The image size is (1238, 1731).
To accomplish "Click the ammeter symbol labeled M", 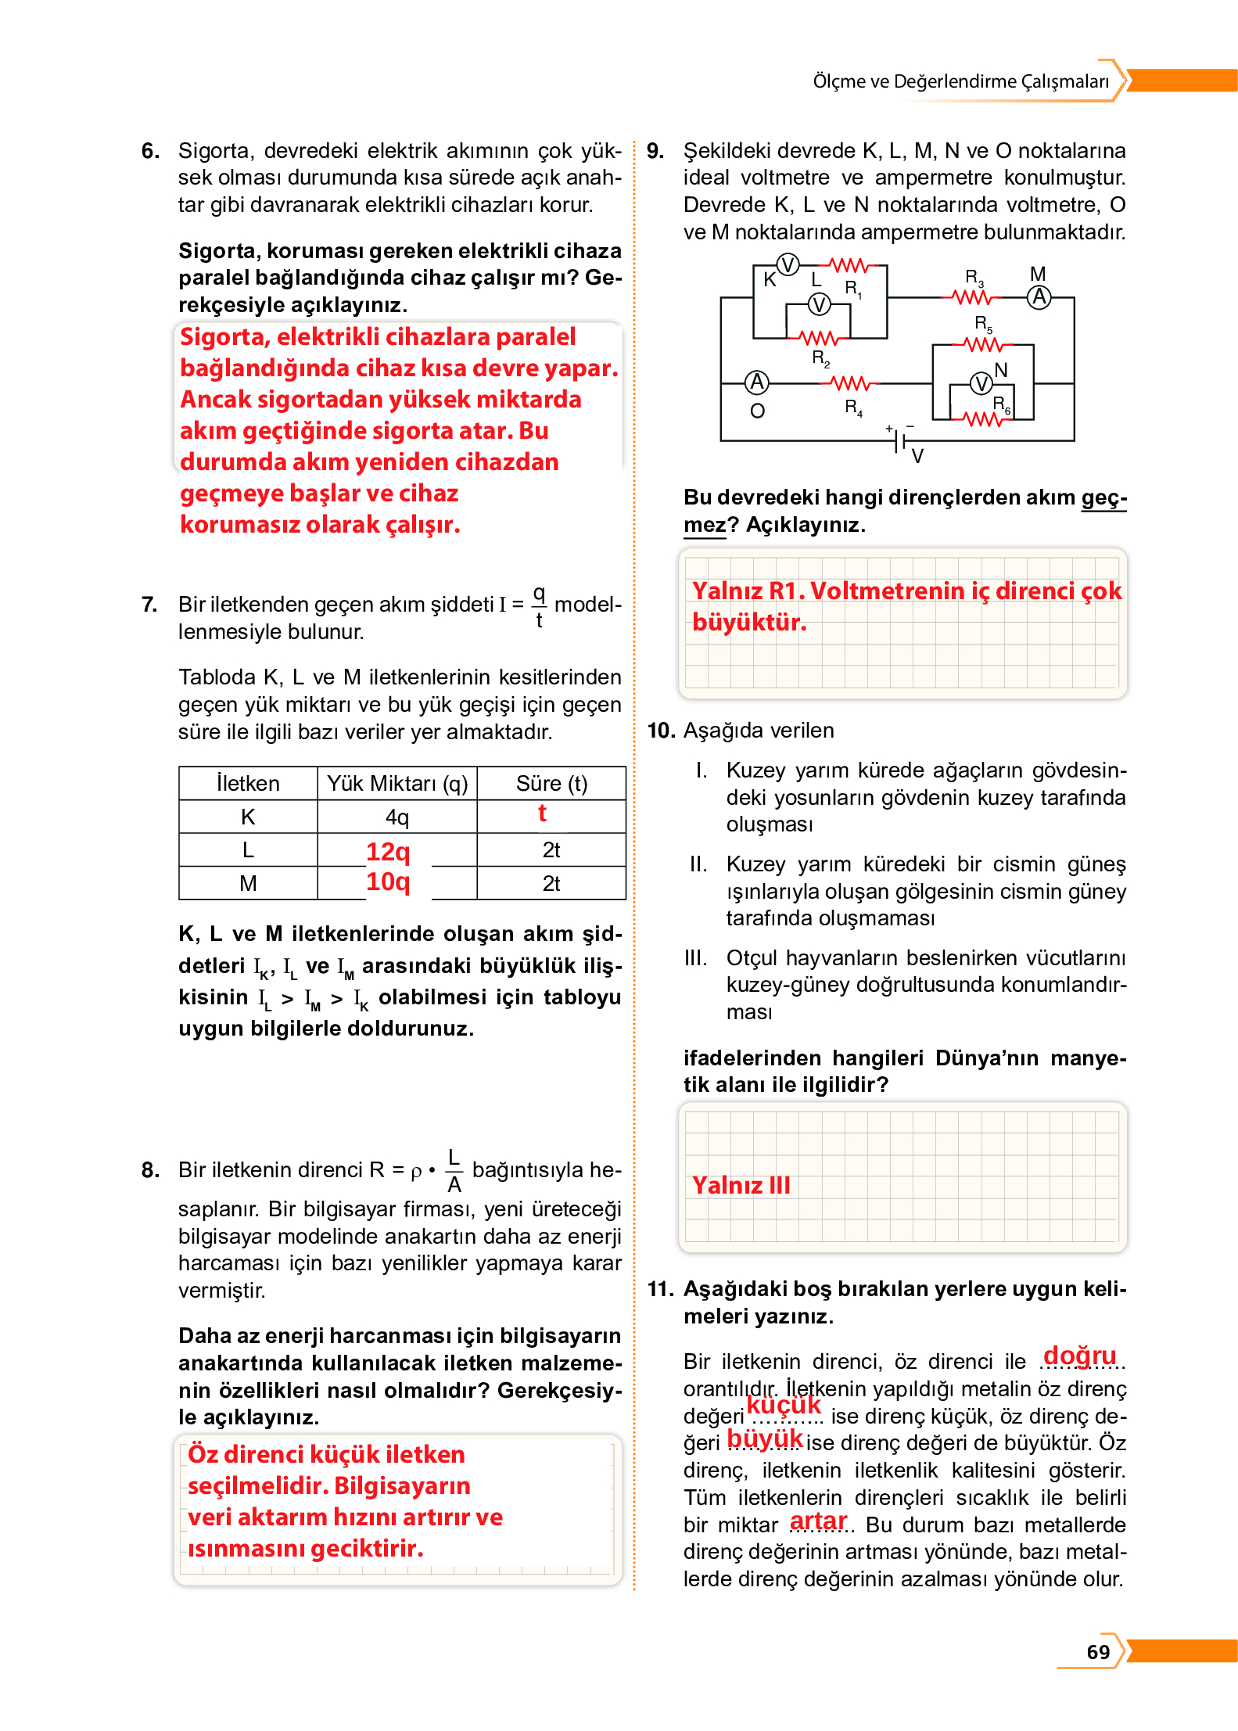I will pos(1039,298).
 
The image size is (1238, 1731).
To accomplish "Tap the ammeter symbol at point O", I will pos(756,382).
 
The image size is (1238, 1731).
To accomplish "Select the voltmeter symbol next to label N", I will pos(981,383).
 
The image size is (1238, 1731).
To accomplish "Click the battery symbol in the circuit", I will pos(900,440).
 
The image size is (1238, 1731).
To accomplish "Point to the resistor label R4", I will pos(852,408).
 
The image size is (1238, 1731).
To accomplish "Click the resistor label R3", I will pos(973,278).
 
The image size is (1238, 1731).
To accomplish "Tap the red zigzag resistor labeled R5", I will pos(982,344).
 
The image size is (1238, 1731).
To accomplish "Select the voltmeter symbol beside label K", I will pos(788,265).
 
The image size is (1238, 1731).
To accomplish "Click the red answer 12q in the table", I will pos(388,851).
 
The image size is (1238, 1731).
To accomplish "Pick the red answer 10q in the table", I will pos(388,882).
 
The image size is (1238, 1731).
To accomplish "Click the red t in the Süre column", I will pos(542,814).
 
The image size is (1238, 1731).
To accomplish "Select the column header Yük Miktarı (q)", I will pos(397,784).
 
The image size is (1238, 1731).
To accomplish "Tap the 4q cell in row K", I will pos(397,817).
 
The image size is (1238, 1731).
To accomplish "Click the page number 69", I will pos(1098,1652).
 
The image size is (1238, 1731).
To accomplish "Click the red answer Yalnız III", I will pos(741,1185).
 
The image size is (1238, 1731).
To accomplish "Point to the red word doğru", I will pos(1079,1355).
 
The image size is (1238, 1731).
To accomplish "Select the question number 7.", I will pos(149,605).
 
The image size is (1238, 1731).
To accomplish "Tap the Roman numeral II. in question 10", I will pos(698,864).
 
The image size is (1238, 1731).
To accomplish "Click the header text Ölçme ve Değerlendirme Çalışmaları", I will pos(960,81).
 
